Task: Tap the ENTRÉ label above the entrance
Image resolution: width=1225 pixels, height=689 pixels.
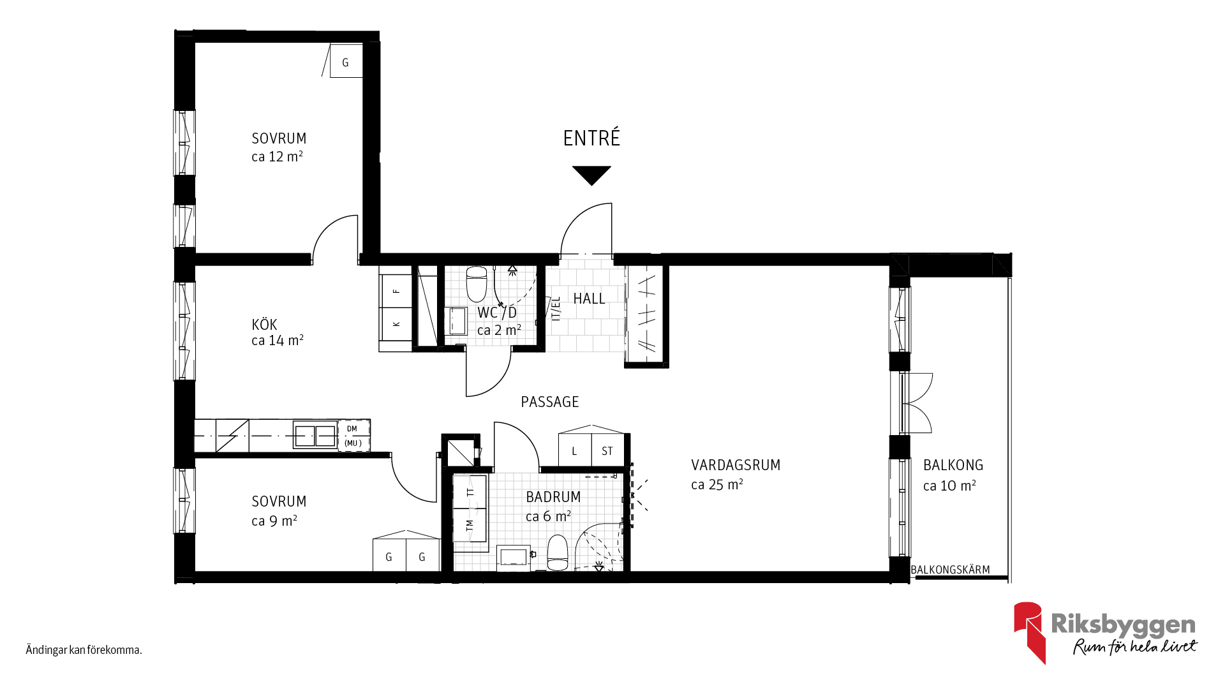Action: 591,138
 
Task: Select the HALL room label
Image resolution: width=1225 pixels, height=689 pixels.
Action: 589,299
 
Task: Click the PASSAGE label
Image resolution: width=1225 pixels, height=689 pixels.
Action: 550,402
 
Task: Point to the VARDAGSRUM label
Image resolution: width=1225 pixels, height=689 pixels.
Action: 736,465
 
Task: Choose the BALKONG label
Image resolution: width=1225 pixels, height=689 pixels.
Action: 953,465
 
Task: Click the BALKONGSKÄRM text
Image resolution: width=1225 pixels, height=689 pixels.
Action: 950,570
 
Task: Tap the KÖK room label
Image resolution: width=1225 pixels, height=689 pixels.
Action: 264,324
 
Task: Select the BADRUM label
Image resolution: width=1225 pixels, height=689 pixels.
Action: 553,497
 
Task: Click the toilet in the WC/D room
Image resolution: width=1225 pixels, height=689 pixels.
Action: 477,284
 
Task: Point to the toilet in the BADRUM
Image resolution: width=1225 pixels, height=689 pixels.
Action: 558,552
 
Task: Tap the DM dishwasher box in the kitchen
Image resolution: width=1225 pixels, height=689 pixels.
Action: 353,436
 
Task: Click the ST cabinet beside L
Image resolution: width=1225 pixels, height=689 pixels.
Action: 607,450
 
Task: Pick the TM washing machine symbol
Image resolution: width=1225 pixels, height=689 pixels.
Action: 470,525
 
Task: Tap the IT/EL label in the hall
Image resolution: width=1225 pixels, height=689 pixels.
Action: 556,308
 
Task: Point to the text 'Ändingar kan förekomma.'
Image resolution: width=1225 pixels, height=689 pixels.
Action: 84,650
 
